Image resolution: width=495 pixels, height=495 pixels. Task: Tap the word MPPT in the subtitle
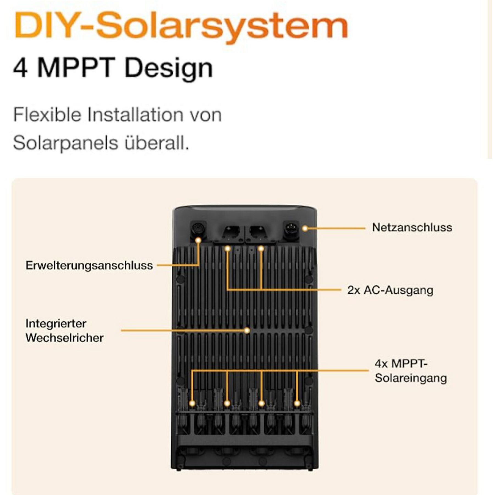tap(76, 68)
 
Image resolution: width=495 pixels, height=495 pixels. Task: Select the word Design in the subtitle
tap(168, 68)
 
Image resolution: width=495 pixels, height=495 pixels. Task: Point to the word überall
tap(157, 143)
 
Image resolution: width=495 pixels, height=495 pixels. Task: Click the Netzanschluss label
tap(412, 228)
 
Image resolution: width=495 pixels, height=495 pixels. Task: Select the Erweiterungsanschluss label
tap(89, 266)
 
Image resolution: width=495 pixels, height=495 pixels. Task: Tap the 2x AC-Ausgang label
tap(390, 290)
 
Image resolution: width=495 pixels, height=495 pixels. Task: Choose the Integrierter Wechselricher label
tap(64, 331)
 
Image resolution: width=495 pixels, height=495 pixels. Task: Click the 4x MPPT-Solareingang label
tap(410, 371)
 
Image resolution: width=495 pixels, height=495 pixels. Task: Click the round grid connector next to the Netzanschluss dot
tap(290, 228)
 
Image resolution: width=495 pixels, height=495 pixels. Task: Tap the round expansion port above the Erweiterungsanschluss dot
tap(198, 228)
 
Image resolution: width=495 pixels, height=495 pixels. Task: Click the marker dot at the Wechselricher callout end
tap(247, 331)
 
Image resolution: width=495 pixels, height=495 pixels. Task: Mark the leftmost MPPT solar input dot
tap(192, 403)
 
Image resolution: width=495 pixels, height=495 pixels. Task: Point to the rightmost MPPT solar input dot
tap(297, 403)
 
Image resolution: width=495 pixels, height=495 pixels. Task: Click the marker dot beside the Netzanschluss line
tap(305, 228)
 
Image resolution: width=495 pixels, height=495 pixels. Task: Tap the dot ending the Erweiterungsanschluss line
tap(198, 240)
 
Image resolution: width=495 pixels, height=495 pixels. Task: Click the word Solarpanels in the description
tap(65, 143)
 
